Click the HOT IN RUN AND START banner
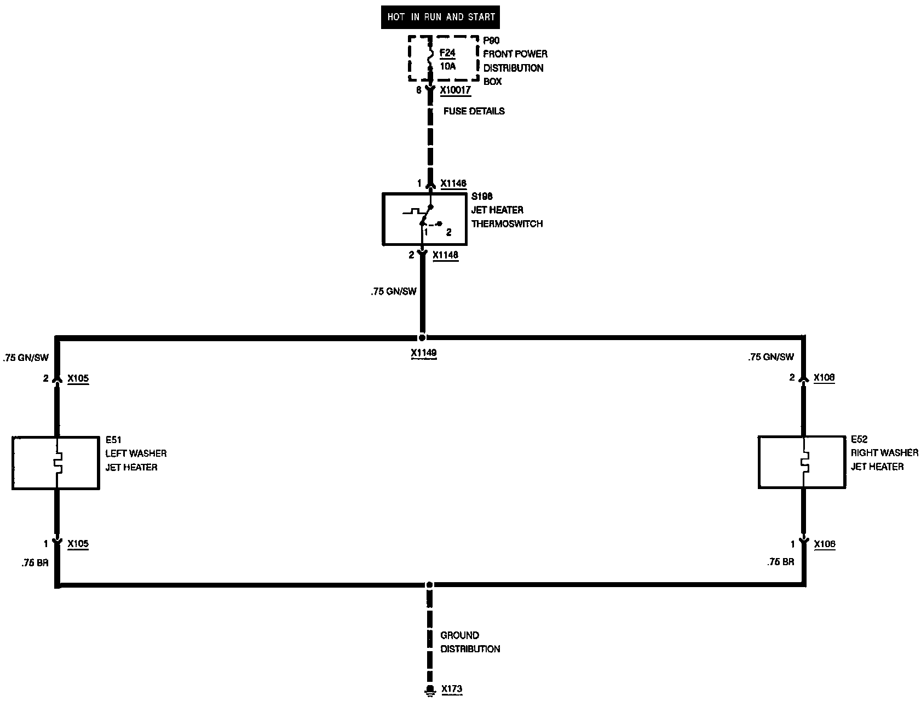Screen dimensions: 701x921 [440, 17]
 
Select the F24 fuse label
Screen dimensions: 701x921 [447, 53]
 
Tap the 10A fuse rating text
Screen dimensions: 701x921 [447, 66]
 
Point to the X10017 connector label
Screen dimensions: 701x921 [456, 90]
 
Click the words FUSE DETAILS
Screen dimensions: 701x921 [474, 111]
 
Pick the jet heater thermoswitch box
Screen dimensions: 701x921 [424, 219]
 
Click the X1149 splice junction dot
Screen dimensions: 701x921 [422, 337]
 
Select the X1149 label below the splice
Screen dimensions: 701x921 [424, 354]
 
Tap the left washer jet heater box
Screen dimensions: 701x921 [56, 463]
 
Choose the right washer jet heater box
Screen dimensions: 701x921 [802, 462]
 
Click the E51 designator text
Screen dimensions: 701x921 [113, 440]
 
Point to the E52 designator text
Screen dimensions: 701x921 [859, 439]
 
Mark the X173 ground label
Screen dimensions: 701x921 [452, 689]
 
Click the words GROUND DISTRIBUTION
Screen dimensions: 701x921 [470, 642]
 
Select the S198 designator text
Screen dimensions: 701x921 [482, 197]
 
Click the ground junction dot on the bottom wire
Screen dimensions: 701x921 [430, 585]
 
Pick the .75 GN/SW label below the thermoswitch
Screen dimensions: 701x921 [393, 292]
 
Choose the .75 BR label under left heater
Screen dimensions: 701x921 [36, 562]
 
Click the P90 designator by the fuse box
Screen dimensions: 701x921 [491, 41]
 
